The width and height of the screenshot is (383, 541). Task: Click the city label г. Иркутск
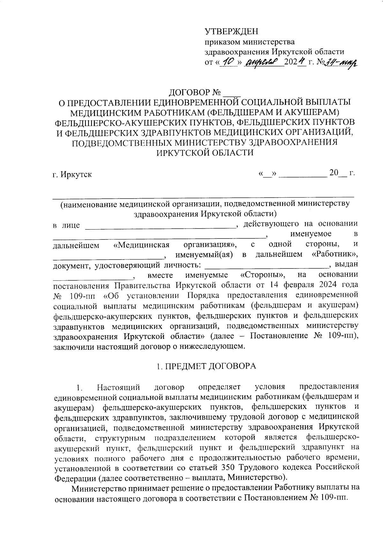click(x=72, y=175)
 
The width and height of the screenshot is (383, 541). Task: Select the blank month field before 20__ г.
click(x=303, y=174)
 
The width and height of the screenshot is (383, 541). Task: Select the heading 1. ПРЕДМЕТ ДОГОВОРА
click(x=206, y=366)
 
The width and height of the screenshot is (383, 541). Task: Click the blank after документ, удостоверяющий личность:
click(x=266, y=264)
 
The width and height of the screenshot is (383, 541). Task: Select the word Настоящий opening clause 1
click(x=119, y=387)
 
